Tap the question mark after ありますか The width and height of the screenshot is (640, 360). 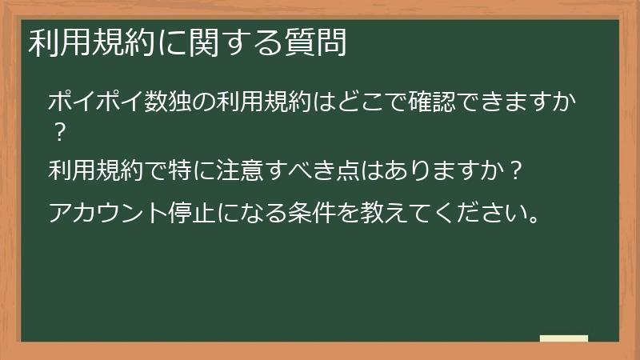pyautogui.click(x=516, y=170)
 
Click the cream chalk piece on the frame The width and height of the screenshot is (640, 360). pyautogui.click(x=564, y=338)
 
